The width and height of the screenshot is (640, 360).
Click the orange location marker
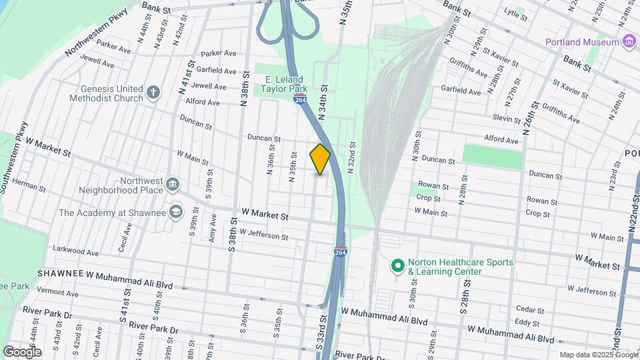(320, 159)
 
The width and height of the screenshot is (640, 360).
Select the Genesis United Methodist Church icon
(153, 93)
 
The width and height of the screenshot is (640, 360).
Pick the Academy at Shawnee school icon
(175, 213)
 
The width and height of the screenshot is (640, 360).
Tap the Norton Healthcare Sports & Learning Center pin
(398, 267)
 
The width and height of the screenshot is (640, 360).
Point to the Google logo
(22, 351)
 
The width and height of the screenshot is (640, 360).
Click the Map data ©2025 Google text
(598, 355)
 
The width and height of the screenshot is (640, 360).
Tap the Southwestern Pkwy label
(15, 157)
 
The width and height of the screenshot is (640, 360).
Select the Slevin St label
(507, 118)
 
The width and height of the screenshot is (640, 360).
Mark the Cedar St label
(530, 310)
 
